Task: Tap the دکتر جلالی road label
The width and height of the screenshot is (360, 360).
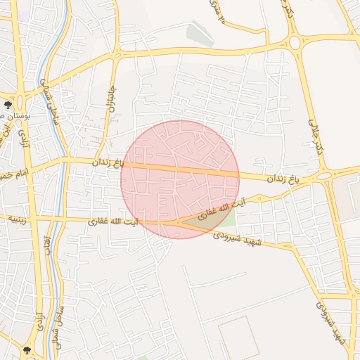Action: pos(314,133)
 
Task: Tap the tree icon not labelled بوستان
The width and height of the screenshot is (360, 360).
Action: pos(27,348)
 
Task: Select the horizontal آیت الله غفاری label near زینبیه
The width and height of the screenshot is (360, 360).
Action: pos(113,221)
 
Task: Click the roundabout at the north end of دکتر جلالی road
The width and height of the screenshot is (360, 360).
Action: pos(294,42)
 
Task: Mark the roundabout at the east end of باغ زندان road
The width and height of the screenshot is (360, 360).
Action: pos(325,175)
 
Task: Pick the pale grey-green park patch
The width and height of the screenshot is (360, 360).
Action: pos(200,34)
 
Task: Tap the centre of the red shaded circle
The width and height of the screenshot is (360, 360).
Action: pos(180,179)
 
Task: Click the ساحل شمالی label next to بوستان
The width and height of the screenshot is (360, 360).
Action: pos(49,98)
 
